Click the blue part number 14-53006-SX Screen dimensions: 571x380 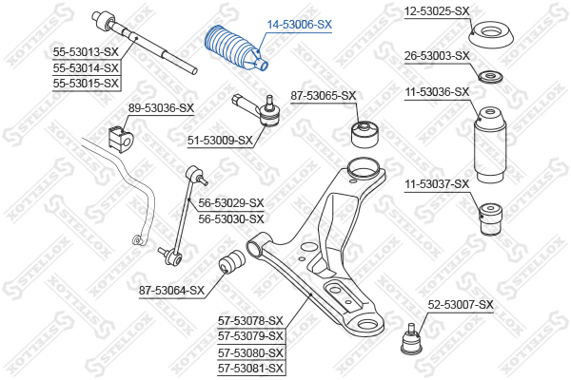click(300, 25)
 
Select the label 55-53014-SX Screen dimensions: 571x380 click(86, 68)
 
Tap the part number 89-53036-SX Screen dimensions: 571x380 click(161, 108)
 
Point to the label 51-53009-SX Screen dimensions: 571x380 click(220, 140)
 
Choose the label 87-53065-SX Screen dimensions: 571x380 click(323, 96)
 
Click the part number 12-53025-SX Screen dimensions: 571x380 click(437, 11)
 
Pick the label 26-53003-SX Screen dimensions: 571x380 click(437, 56)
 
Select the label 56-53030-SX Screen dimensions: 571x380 click(231, 218)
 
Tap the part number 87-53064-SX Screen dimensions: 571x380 click(172, 291)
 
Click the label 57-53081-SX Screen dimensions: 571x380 click(250, 369)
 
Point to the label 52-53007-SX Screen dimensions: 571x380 click(461, 305)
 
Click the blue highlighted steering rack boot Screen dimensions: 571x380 click(237, 47)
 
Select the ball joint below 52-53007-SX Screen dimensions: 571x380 click(411, 339)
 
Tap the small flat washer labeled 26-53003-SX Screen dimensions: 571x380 click(490, 77)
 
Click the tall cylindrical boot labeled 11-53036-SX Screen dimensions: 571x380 click(490, 144)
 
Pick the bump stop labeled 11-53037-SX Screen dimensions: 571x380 click(490, 219)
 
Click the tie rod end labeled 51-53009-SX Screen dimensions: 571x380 click(258, 109)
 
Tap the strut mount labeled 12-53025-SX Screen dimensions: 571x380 click(490, 35)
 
